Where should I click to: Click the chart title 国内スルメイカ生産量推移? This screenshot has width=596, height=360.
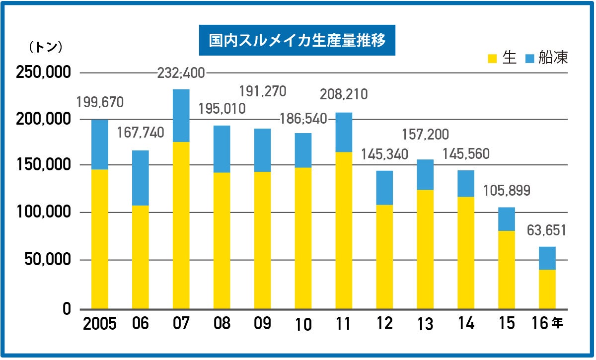297,41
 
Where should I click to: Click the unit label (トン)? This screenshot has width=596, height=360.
46,47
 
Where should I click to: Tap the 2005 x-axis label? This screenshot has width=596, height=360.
99,324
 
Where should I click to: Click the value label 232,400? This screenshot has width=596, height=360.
181,73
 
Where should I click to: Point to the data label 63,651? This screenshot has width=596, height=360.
547,231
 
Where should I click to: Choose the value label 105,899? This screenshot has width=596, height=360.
507,190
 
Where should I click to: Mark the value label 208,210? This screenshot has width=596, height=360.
344,94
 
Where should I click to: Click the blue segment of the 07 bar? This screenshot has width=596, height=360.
181,116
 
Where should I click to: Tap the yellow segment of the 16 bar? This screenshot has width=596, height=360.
547,289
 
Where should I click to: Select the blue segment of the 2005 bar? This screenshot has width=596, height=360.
99,144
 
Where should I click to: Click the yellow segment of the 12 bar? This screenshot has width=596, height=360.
384,256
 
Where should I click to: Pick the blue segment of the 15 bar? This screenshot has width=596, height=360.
506,219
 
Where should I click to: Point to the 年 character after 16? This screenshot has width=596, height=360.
558,323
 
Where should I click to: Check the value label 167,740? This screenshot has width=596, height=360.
141,134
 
